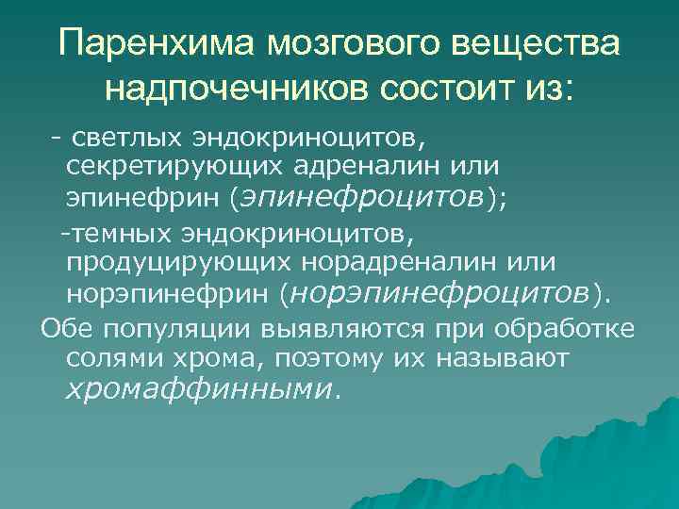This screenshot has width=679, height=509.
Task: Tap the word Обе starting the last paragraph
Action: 61,329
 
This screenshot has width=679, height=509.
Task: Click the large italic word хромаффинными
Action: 198,388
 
